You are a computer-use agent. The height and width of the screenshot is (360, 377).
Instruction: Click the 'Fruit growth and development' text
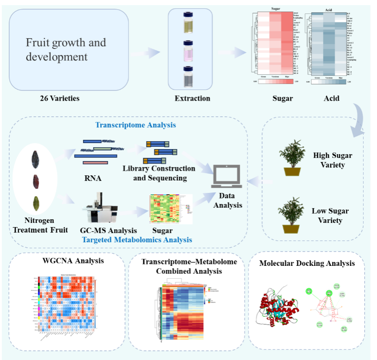pyautogui.click(x=66, y=50)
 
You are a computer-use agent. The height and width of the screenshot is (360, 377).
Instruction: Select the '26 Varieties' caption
pyautogui.click(x=59, y=98)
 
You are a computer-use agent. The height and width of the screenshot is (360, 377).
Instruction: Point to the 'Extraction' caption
pyautogui.click(x=192, y=98)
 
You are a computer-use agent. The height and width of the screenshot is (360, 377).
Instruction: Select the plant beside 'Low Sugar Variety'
pyautogui.click(x=291, y=215)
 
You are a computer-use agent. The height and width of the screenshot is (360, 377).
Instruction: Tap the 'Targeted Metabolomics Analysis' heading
pyautogui.click(x=137, y=240)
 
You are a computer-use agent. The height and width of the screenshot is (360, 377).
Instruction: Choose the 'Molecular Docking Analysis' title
pyautogui.click(x=307, y=264)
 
